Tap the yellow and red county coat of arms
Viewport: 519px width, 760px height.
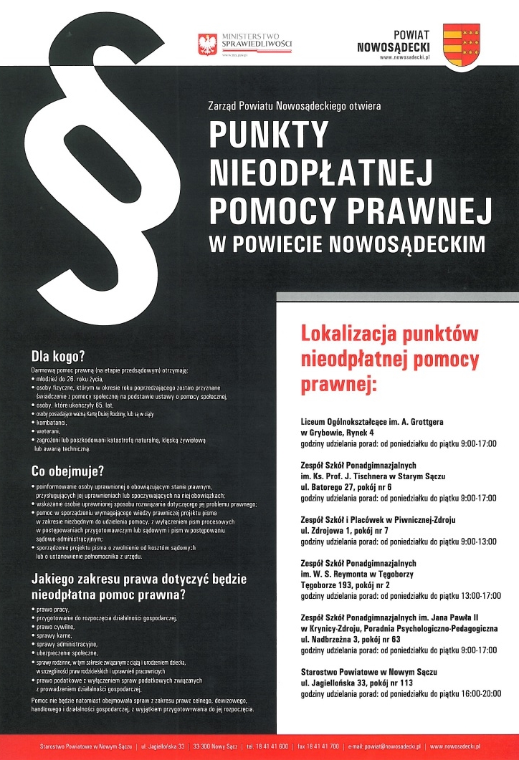pyautogui.click(x=462, y=44)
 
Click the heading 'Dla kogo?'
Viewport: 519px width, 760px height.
pyautogui.click(x=58, y=356)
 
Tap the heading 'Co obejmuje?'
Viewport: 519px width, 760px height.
pyautogui.click(x=68, y=471)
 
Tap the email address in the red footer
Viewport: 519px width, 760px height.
pyautogui.click(x=378, y=746)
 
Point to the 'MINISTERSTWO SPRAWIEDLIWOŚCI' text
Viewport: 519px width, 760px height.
pyautogui.click(x=247, y=40)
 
